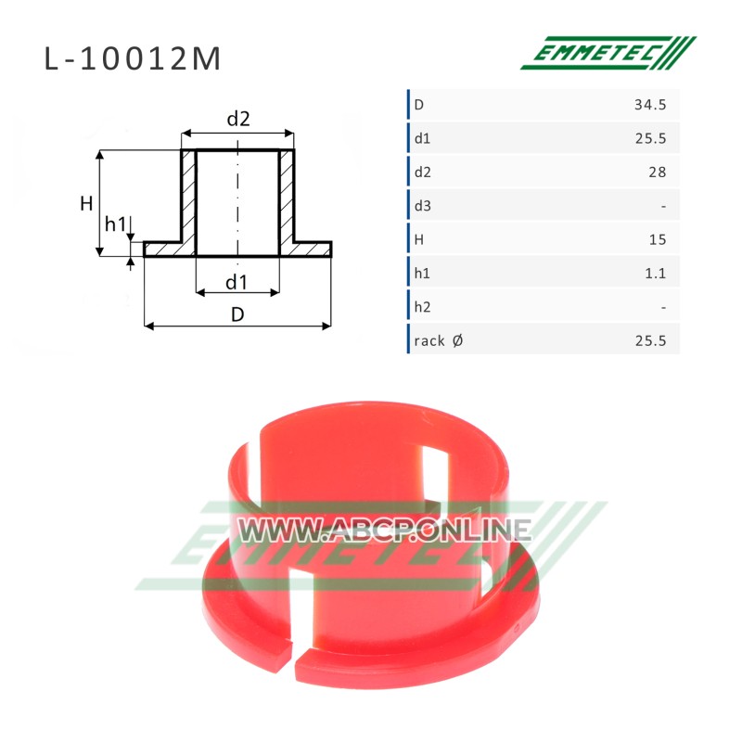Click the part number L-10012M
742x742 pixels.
pyautogui.click(x=133, y=59)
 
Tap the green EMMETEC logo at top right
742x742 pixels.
pyautogui.click(x=608, y=53)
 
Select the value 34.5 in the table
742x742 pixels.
pyautogui.click(x=650, y=105)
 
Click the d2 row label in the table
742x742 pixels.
pyautogui.click(x=423, y=172)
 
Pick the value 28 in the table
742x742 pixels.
pyautogui.click(x=658, y=172)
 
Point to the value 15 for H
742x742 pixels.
pyautogui.click(x=658, y=239)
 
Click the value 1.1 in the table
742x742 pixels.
pyautogui.click(x=656, y=273)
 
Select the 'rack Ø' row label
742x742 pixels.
pyautogui.click(x=438, y=340)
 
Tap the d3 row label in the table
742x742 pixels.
pyautogui.click(x=423, y=206)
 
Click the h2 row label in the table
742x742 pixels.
pyautogui.click(x=422, y=307)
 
